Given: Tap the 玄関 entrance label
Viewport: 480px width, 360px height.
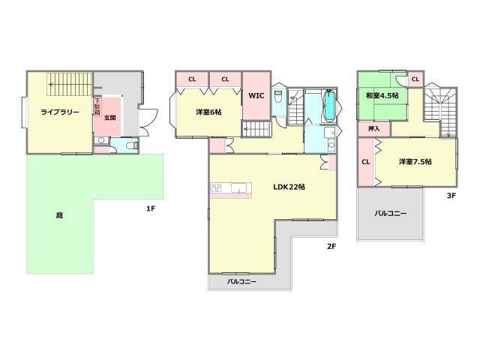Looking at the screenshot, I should click(109, 118).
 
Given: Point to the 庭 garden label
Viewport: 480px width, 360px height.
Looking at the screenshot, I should click(59, 214).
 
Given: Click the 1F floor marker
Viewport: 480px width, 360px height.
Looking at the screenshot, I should click(151, 208).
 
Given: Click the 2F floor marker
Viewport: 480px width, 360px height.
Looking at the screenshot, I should click(331, 244).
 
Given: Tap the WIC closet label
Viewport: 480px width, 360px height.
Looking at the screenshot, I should click(255, 95).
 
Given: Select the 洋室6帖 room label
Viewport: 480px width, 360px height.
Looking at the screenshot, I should click(208, 112).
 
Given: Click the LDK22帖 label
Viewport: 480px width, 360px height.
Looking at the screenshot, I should click(288, 186).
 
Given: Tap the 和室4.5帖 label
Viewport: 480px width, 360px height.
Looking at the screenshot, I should click(382, 96).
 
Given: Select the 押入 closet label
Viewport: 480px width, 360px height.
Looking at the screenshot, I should click(373, 129).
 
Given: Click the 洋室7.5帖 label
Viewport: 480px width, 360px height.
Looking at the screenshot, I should click(415, 161).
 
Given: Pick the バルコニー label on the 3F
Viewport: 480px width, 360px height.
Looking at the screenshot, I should click(391, 214).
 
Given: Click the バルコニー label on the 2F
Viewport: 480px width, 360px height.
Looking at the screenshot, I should click(242, 282).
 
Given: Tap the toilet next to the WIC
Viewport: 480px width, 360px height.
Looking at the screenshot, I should click(278, 97).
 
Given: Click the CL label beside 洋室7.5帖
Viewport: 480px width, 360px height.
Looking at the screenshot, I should click(366, 161).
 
